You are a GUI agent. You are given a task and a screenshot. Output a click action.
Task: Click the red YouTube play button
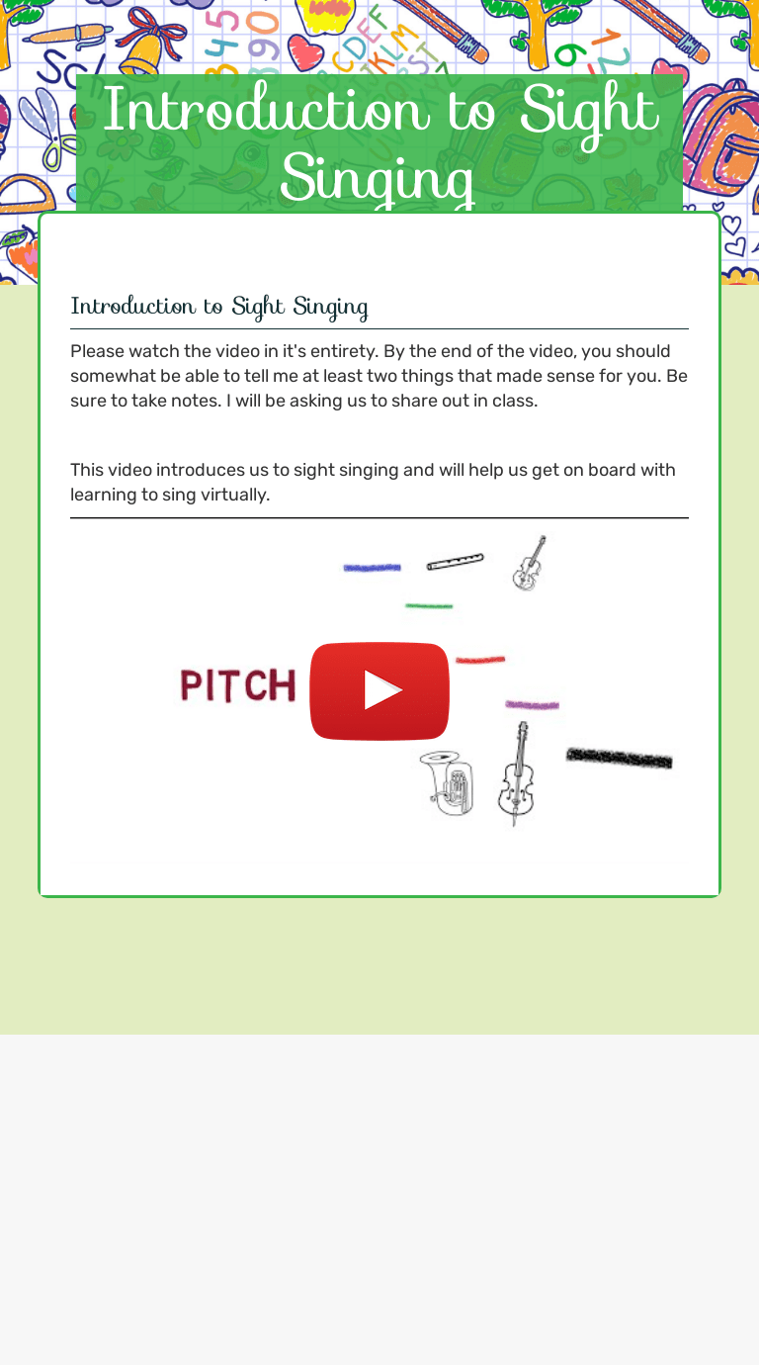[379, 691]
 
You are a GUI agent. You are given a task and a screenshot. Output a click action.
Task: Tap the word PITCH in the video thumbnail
[238, 685]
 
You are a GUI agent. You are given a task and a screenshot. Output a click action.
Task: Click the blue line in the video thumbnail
[372, 568]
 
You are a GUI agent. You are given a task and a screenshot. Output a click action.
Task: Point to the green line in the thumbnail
[429, 606]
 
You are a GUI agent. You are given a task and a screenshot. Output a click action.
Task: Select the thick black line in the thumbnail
[619, 759]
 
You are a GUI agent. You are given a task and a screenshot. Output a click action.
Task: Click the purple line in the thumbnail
[532, 705]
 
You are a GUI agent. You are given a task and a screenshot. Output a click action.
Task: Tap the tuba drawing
[446, 783]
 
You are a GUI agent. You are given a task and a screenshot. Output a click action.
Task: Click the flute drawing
[456, 562]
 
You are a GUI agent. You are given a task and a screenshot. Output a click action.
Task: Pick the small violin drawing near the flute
[529, 563]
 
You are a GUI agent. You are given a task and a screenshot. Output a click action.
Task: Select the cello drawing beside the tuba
[516, 773]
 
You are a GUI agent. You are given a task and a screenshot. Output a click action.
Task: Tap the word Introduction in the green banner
[266, 111]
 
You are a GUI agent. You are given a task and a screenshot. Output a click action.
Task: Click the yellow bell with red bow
[148, 45]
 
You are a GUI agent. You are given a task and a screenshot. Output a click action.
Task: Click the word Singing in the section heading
[330, 307]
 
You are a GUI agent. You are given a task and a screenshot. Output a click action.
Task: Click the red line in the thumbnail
[480, 660]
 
